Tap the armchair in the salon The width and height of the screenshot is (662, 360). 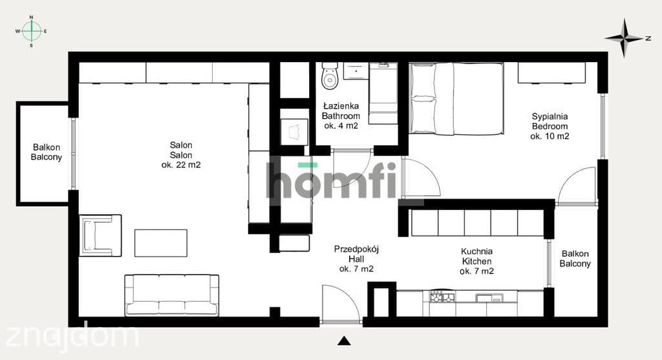tap(100, 235)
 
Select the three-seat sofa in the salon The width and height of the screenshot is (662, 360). tap(172, 295)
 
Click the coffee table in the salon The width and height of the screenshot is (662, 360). tap(161, 242)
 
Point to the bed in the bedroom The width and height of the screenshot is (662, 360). tap(456, 99)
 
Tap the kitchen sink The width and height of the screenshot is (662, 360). tap(489, 298)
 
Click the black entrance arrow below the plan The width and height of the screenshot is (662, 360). tap(344, 341)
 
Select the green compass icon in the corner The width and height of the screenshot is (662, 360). tap(31, 31)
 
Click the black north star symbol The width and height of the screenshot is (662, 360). tap(625, 38)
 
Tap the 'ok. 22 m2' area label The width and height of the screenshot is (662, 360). tap(181, 165)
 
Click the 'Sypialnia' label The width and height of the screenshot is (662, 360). tap(550, 116)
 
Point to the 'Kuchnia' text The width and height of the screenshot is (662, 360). tap(476, 251)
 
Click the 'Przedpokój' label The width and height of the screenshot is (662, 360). tap(356, 249)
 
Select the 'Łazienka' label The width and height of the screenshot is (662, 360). tap(341, 106)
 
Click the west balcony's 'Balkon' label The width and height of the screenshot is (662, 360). tap(47, 147)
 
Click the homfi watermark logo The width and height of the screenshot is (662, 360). tap(332, 180)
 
